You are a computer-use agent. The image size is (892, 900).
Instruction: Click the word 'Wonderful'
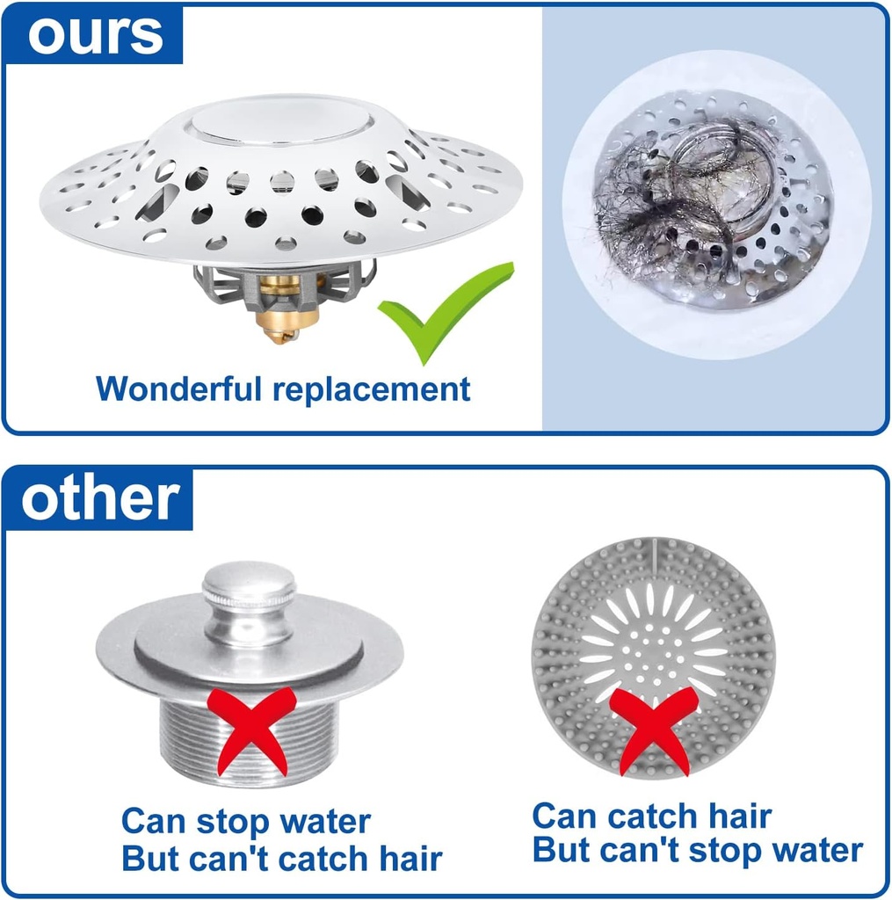pos(178,388)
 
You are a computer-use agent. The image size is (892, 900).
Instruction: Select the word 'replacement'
pos(371,388)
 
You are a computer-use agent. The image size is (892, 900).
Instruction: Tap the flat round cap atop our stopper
pos(280,122)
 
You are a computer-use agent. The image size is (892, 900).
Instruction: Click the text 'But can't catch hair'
pos(281,859)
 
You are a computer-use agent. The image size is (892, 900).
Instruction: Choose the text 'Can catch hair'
pos(651,816)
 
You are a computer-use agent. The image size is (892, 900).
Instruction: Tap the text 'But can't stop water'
pos(697,851)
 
